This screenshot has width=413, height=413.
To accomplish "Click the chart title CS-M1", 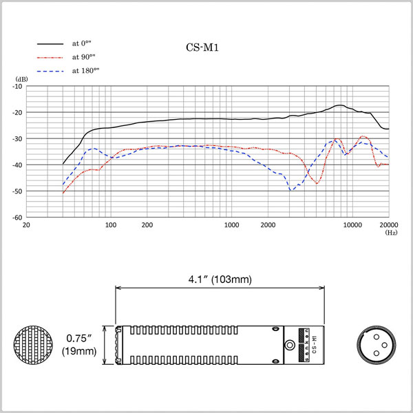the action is [x=202, y=47].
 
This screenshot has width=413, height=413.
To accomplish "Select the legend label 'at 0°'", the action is [x=82, y=43].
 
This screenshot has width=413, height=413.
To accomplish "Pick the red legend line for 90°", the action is [x=50, y=57].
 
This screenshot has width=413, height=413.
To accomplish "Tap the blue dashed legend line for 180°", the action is [x=50, y=72].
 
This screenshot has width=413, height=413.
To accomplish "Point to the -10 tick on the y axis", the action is [x=17, y=86].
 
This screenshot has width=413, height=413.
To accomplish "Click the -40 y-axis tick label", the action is [x=17, y=165].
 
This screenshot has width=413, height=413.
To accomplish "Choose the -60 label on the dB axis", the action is [x=17, y=218].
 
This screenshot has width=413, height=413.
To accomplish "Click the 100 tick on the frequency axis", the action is [x=111, y=225].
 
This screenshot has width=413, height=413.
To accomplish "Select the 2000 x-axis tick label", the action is [x=268, y=225].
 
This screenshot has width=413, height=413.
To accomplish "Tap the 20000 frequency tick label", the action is [x=389, y=225].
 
